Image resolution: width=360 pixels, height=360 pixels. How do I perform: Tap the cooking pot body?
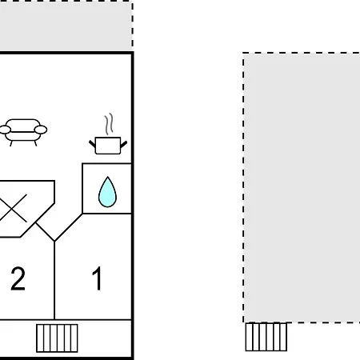pos(108,146)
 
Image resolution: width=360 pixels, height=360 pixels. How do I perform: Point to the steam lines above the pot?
pos(109,124)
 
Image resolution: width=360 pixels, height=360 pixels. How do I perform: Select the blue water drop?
pos(107,192)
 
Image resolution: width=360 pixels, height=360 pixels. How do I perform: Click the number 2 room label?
pos(18,278)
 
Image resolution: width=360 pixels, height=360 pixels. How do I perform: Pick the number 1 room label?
pos(97,278)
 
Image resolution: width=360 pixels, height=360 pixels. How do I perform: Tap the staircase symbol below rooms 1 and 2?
pos(57,338)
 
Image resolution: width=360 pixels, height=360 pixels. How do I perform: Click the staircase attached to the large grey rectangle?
pos(266,337)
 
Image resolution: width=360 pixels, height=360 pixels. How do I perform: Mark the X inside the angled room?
pos(14,208)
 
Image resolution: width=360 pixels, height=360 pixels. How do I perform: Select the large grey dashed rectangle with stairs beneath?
pos(302,187)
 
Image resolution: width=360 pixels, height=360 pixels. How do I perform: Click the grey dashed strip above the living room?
pos(66,26)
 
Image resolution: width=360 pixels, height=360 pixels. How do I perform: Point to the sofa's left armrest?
pos(5,130)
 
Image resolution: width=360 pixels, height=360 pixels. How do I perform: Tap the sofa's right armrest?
pos(41,130)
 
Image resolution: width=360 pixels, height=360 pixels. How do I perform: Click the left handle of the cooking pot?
pos(92,144)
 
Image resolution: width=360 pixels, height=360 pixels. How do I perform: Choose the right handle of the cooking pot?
pos(124,144)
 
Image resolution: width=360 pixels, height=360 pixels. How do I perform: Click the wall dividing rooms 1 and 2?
pos(54,280)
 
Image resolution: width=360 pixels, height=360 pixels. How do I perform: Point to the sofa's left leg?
pos(11,143)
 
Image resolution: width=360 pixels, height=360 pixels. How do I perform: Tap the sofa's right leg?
pos(35,143)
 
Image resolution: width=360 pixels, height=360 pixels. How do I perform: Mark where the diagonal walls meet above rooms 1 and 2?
pos(54,241)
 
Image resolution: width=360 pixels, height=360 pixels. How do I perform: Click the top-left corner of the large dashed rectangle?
pos(243,53)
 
